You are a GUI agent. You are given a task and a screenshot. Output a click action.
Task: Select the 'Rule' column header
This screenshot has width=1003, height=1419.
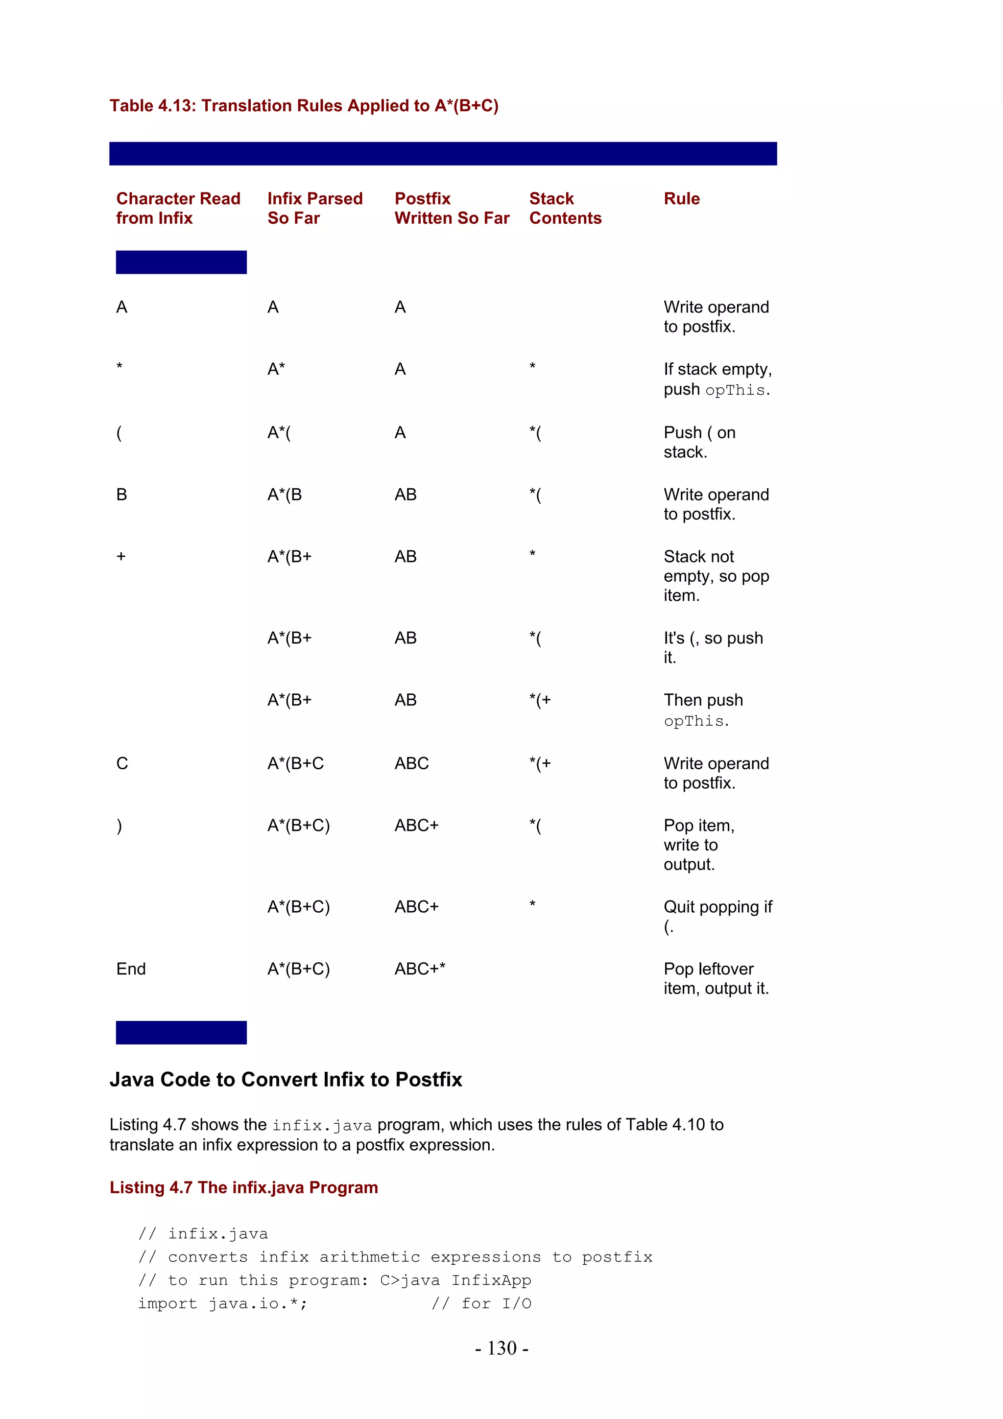click(x=681, y=198)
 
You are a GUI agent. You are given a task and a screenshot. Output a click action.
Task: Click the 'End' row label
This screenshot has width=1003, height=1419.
click(x=131, y=969)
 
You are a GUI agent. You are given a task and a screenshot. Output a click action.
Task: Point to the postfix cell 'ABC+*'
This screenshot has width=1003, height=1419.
click(x=420, y=969)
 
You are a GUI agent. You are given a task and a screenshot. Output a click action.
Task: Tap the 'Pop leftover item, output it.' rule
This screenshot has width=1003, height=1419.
click(x=716, y=978)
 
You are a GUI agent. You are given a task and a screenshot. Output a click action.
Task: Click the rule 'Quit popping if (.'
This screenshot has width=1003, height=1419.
click(x=717, y=916)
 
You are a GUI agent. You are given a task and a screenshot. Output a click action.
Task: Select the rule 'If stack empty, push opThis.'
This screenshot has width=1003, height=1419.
click(x=717, y=379)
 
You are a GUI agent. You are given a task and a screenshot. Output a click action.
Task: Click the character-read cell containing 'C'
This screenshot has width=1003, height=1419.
click(x=122, y=763)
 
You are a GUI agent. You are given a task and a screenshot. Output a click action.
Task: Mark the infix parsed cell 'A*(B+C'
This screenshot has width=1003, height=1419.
click(x=295, y=763)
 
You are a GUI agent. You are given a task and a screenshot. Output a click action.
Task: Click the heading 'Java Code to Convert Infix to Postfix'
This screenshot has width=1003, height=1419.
click(x=286, y=1079)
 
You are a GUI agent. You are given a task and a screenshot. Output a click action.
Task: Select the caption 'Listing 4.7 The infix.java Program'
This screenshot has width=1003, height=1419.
click(x=243, y=1187)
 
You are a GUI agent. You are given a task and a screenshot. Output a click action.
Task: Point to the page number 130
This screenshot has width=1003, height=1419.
click(x=501, y=1348)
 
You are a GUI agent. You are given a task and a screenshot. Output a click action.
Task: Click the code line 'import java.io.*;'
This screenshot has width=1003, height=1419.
click(x=222, y=1303)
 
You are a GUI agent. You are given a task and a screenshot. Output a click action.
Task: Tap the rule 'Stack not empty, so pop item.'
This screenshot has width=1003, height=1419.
click(x=716, y=576)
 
